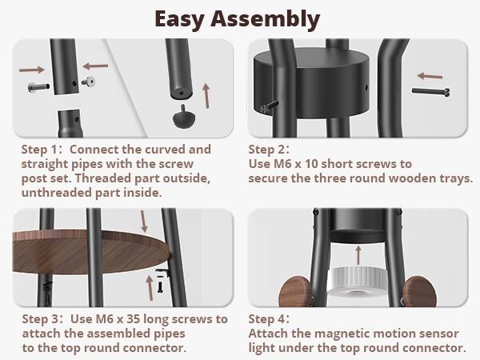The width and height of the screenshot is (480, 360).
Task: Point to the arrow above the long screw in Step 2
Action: pos(432,77)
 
